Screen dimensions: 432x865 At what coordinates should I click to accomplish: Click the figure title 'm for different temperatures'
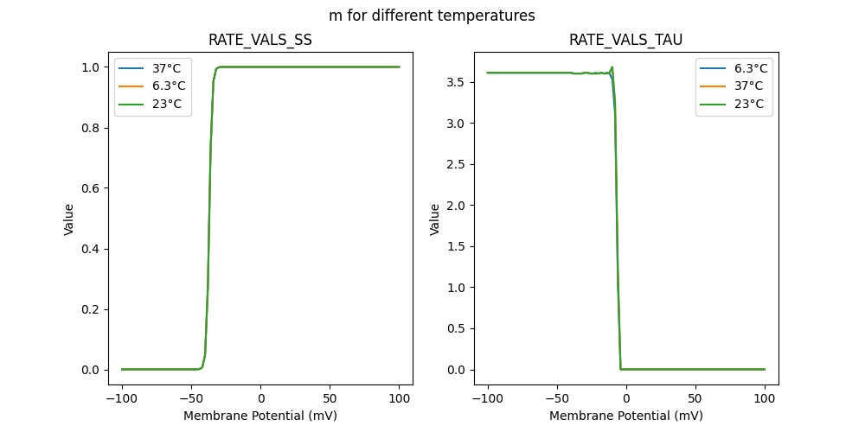(432, 16)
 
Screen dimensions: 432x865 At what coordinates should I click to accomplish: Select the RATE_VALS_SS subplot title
(260, 40)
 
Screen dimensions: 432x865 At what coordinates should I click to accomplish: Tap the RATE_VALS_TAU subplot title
(625, 40)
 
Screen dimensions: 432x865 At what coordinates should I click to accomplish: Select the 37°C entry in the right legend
(746, 86)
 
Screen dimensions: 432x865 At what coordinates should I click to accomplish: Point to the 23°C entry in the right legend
(746, 104)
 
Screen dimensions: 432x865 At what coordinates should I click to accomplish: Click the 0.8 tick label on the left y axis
(90, 128)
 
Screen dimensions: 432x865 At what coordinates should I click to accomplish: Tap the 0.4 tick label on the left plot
(90, 249)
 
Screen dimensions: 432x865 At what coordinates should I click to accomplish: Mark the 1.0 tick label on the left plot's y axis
(90, 67)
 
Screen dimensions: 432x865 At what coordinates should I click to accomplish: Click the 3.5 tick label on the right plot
(456, 82)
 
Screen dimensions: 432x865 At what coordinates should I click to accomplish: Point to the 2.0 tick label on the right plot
(456, 206)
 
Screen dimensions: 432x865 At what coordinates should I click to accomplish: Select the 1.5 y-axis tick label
(456, 246)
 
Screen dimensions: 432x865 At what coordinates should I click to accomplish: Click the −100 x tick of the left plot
(121, 398)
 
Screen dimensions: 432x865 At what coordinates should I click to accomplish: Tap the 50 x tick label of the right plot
(695, 398)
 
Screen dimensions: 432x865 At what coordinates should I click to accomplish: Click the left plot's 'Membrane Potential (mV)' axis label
(260, 416)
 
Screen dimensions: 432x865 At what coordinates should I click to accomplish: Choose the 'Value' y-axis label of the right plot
(435, 219)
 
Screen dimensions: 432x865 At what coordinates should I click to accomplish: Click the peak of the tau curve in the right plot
(612, 67)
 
